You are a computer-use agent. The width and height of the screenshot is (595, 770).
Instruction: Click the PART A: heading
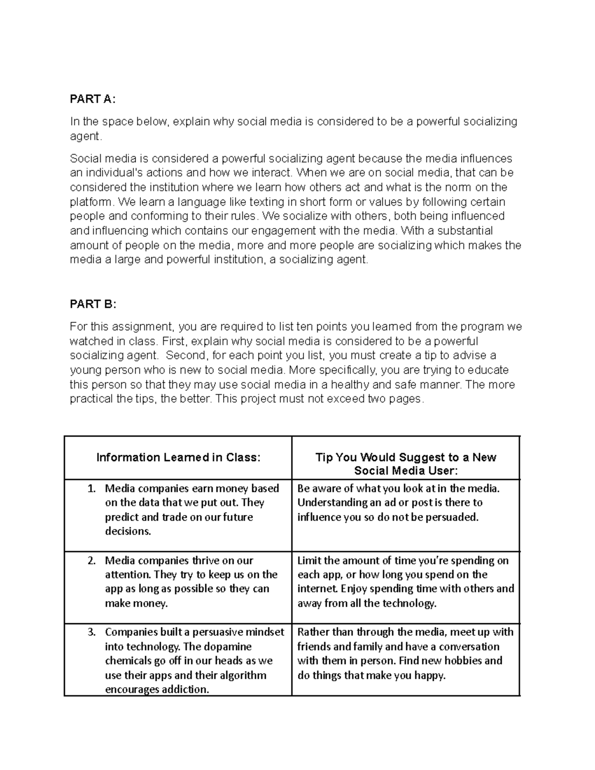click(x=93, y=99)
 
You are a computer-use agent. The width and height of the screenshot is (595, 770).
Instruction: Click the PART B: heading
click(x=93, y=304)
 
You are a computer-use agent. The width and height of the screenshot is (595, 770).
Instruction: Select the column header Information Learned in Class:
click(x=178, y=457)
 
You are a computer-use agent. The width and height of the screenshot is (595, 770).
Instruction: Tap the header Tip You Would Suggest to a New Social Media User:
click(x=406, y=464)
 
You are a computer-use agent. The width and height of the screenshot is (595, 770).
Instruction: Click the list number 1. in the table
click(x=91, y=488)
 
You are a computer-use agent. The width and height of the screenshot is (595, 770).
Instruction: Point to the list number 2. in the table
click(x=91, y=561)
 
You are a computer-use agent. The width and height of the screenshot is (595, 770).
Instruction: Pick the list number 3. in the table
click(x=91, y=632)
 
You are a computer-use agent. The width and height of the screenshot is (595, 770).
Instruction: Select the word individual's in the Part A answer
click(x=112, y=173)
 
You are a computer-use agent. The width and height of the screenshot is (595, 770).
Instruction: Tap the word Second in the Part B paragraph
click(x=185, y=355)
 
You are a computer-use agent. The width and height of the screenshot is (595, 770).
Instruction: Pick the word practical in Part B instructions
click(x=91, y=399)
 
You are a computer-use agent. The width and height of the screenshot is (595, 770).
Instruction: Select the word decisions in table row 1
click(x=127, y=532)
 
